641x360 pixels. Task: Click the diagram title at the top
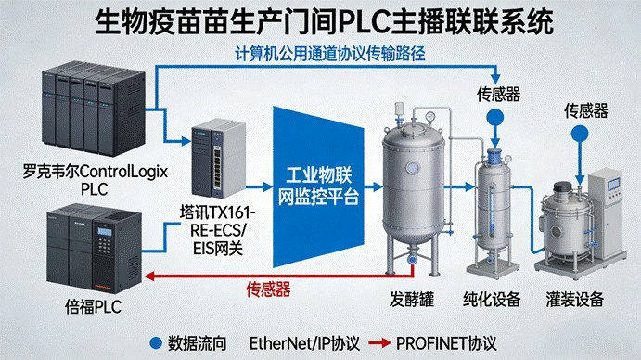click(324, 22)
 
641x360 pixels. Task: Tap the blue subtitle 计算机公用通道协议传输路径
click(330, 54)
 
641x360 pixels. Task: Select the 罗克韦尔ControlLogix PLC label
click(95, 180)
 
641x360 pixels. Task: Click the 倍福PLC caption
click(93, 307)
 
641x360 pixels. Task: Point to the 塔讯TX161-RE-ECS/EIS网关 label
click(217, 230)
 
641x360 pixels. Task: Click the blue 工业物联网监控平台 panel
click(318, 186)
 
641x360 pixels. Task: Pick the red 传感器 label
click(268, 289)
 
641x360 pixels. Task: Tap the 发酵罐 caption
click(412, 300)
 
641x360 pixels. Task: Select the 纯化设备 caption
click(492, 300)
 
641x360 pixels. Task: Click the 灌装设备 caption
click(575, 300)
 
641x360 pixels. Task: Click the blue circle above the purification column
click(495, 118)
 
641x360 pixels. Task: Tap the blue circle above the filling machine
click(580, 134)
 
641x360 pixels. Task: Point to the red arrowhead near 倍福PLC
click(149, 276)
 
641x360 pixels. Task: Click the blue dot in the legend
click(156, 342)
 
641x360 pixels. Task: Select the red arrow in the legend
click(379, 342)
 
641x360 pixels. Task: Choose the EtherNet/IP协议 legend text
click(304, 343)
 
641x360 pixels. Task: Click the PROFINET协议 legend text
click(446, 343)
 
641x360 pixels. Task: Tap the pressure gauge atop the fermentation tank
click(429, 117)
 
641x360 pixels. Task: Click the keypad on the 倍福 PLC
click(104, 246)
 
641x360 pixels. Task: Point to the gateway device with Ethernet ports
click(219, 159)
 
